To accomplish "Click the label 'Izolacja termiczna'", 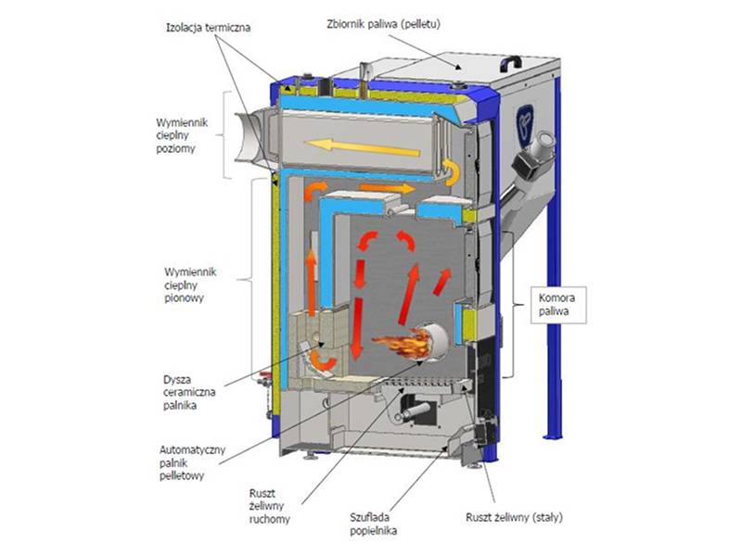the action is click(208, 28).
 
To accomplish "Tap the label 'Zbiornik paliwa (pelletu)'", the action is click(384, 24).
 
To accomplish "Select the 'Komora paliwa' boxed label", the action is click(558, 305).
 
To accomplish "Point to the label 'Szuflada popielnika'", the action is click(374, 524).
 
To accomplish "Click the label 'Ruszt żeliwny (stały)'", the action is click(515, 518).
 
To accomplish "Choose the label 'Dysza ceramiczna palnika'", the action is click(189, 392).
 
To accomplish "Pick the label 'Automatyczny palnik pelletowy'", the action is click(192, 462).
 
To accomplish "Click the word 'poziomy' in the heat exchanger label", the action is click(175, 148).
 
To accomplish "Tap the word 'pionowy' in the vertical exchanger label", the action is click(184, 297).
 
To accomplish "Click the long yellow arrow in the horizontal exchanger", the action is click(362, 147).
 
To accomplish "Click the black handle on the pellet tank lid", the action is click(511, 63).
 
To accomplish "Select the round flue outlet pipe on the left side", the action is click(250, 137).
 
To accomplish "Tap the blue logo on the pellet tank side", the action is click(524, 124).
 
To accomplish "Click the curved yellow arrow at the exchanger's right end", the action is click(452, 172).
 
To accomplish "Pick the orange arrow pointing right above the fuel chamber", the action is click(387, 188).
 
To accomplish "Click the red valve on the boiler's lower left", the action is click(264, 378).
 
